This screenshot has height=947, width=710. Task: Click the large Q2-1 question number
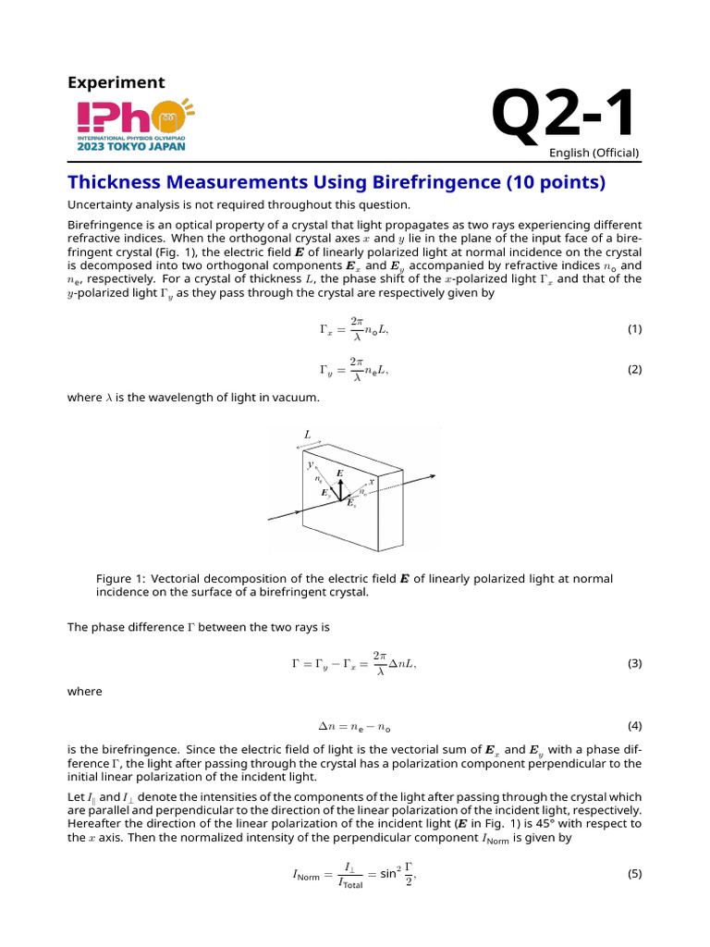point(564,116)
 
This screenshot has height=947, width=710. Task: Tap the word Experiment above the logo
point(116,82)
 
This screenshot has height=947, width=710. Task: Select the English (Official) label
point(594,153)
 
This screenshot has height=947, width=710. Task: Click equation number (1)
point(634,329)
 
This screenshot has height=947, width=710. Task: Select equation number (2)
point(634,370)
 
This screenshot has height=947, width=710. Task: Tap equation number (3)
point(634,663)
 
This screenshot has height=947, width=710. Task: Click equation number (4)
point(634,726)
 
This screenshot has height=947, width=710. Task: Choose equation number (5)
point(634,872)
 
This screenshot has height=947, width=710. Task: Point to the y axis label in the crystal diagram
point(311,465)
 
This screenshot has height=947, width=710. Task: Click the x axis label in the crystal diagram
point(372,481)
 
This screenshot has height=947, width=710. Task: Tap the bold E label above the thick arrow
point(340,473)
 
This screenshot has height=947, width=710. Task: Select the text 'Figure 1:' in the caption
point(121,579)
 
